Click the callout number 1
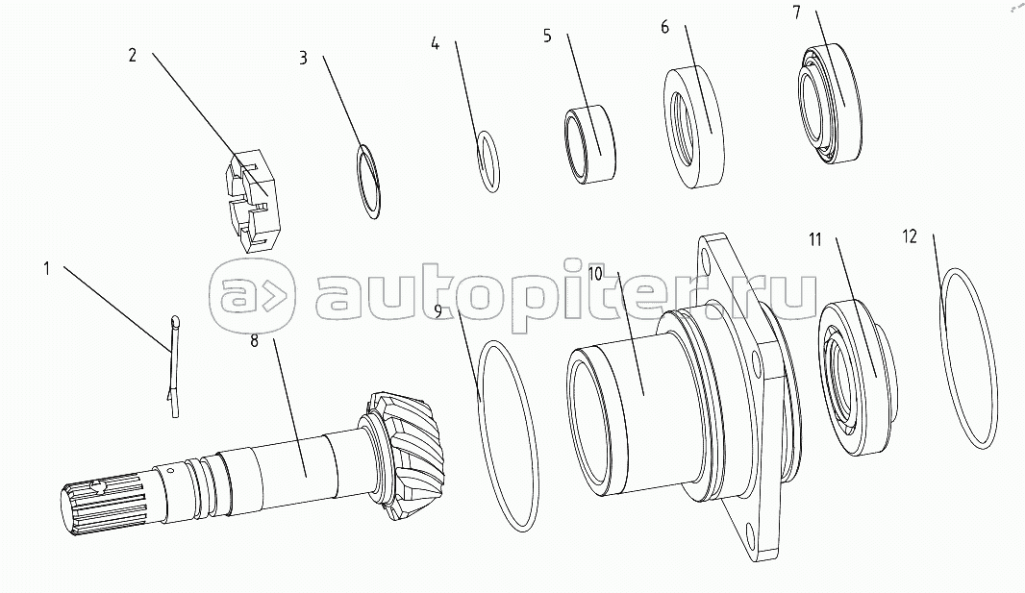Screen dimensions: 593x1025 (47, 268)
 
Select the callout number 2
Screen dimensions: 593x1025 (132, 55)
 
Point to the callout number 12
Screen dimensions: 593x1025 (910, 235)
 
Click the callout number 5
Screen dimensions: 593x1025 (547, 37)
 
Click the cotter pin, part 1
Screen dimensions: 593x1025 (175, 365)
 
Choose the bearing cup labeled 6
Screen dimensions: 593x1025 (694, 128)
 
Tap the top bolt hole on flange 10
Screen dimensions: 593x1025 (710, 255)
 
